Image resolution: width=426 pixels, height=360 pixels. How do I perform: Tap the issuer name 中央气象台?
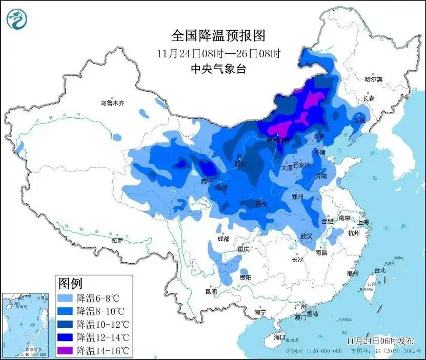click(218, 69)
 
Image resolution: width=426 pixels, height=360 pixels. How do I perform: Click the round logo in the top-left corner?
click(17, 19)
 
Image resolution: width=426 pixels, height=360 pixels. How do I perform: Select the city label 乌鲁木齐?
click(112, 103)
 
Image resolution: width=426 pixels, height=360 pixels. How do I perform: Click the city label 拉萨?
click(117, 240)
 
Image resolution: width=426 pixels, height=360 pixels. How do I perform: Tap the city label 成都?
click(223, 239)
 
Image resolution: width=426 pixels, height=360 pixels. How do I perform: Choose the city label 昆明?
click(211, 291)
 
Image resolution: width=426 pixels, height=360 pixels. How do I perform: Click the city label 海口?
click(279, 337)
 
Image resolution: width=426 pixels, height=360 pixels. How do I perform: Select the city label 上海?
click(363, 222)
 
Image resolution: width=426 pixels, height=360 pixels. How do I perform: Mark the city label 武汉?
click(306, 236)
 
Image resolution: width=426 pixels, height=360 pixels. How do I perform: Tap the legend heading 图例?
click(70, 283)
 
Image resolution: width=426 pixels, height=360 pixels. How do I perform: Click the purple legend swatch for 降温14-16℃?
click(65, 351)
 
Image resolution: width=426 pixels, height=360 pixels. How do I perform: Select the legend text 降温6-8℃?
click(97, 298)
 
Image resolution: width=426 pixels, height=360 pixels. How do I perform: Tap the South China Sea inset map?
click(26, 325)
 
